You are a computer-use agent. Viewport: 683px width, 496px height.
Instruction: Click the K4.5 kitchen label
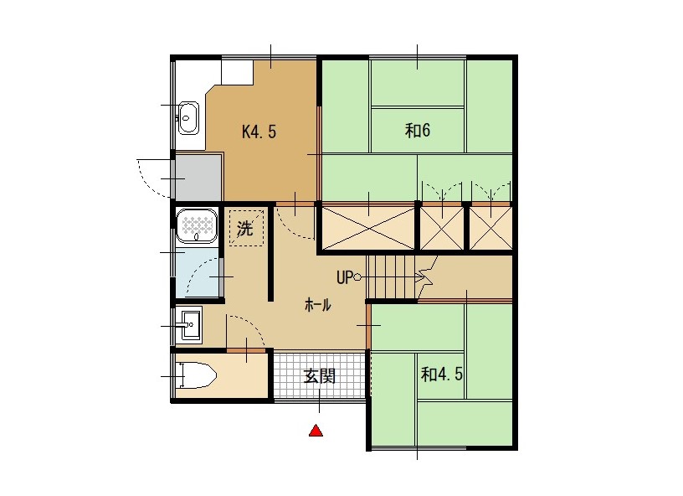[x=259, y=132]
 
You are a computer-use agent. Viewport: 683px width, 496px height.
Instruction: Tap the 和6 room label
[x=418, y=130]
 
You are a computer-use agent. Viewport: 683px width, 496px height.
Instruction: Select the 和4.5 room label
[x=442, y=374]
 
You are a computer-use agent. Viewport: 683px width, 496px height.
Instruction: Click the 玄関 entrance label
[x=319, y=375]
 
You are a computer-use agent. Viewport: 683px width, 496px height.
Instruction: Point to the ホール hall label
[x=317, y=305]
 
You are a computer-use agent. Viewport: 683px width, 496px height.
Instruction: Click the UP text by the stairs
[x=344, y=277]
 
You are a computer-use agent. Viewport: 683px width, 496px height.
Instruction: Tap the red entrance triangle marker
[x=316, y=430]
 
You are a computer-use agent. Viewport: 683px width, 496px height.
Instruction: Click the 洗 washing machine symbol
[x=246, y=228]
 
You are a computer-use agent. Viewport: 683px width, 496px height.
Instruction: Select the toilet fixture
[x=197, y=375]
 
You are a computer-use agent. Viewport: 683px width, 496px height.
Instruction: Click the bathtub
[x=197, y=225]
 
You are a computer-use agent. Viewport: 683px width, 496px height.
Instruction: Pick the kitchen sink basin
[x=188, y=117]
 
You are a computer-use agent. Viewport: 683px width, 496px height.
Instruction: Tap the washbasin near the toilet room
[x=191, y=325]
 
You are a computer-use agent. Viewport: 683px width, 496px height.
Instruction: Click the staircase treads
[x=391, y=276]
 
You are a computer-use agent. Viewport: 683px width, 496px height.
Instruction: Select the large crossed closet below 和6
[x=368, y=229]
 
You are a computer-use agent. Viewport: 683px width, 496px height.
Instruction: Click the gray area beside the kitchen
[x=198, y=178]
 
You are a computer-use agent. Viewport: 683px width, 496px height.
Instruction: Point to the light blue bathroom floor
[x=197, y=272]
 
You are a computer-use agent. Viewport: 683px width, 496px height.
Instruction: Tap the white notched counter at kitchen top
[x=238, y=72]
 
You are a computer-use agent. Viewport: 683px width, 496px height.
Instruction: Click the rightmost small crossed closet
[x=490, y=229]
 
